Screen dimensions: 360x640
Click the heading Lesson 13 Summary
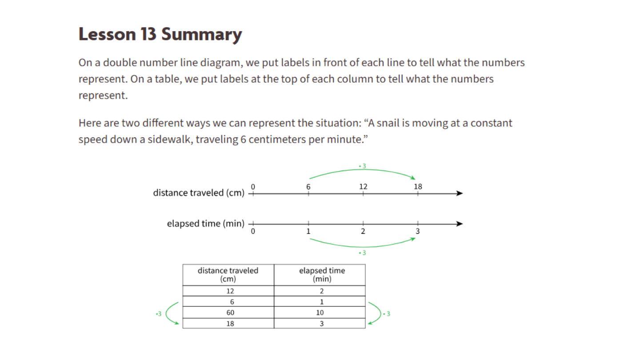tap(160, 35)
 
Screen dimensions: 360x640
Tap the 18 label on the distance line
tap(418, 187)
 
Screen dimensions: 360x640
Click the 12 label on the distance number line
tap(363, 187)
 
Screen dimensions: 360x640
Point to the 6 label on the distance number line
tap(308, 187)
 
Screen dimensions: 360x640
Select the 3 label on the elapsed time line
tap(418, 231)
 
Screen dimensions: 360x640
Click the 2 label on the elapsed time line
tap(363, 231)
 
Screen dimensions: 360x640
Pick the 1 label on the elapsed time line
tap(308, 231)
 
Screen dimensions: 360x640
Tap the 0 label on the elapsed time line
tap(253, 231)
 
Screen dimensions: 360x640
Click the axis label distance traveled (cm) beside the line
tap(199, 193)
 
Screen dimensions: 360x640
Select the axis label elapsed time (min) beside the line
tap(205, 224)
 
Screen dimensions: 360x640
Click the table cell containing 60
tap(230, 312)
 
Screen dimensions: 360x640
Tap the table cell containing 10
tap(320, 312)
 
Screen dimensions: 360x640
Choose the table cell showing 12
tap(230, 291)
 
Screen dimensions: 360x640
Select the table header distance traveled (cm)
tap(228, 275)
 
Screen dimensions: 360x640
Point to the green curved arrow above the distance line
tap(362, 170)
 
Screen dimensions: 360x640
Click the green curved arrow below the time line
tap(362, 246)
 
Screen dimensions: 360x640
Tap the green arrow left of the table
tap(169, 314)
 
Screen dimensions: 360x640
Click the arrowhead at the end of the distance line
tap(460, 193)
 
